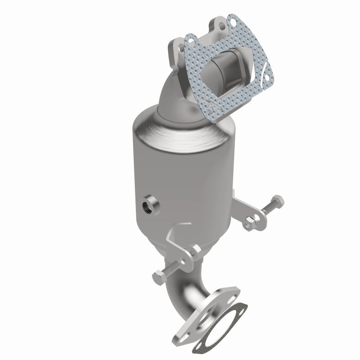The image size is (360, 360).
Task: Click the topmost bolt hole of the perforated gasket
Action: pos(233,21)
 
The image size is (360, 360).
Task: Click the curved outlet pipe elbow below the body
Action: pos(180,288)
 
